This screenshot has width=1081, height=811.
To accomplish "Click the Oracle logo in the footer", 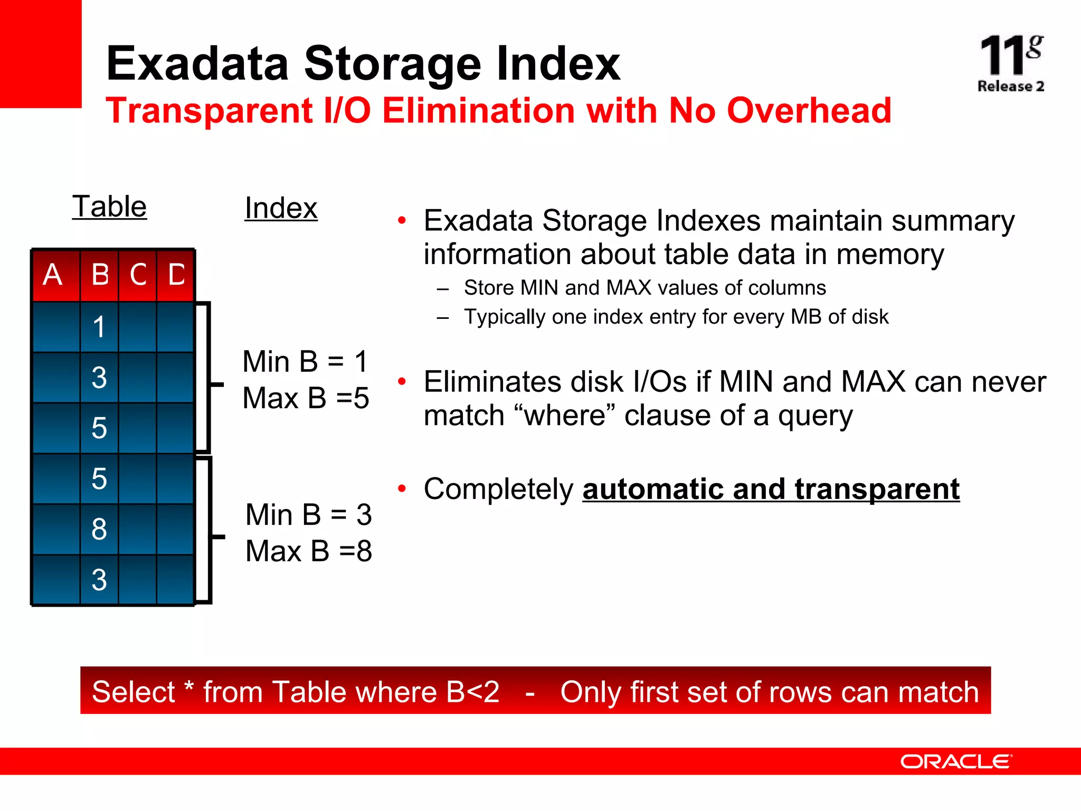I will (x=955, y=761).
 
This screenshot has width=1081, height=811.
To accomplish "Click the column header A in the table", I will (x=53, y=275).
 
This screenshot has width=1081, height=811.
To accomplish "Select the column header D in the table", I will (x=176, y=275).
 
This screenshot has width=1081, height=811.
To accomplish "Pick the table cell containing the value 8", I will (x=99, y=529).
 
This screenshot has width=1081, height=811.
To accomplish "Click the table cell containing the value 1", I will (x=99, y=327).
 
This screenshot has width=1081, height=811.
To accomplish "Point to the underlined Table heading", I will (x=109, y=206).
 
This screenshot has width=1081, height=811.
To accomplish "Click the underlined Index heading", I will (x=281, y=208).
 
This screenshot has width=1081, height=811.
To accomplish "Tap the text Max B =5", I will (x=306, y=398).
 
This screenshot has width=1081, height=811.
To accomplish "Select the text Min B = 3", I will (x=309, y=514).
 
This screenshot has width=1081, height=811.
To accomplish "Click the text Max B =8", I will (x=309, y=551).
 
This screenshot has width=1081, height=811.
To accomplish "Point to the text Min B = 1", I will (x=305, y=362).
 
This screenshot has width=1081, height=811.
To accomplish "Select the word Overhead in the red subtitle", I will (x=809, y=111).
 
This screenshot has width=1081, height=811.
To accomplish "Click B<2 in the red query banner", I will (x=472, y=692).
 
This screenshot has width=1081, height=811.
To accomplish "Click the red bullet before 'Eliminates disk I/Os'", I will (x=402, y=381).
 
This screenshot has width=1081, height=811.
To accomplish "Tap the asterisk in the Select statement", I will (x=189, y=688).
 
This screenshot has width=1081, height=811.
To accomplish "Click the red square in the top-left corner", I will (x=41, y=53).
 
